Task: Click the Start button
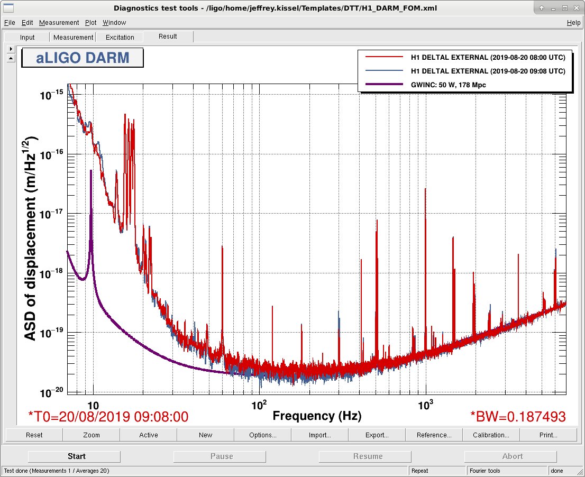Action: [x=74, y=456]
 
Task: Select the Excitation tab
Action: [x=120, y=38]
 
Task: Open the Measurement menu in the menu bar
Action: [x=59, y=23]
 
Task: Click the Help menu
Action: [x=573, y=23]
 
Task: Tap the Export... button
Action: [x=377, y=435]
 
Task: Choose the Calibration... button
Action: [x=491, y=435]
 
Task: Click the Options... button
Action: [x=263, y=435]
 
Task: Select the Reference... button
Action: [x=434, y=435]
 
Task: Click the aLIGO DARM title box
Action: [x=83, y=58]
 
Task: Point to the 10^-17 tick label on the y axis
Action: [x=52, y=213]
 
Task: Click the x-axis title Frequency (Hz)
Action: [x=317, y=416]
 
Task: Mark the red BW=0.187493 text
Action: [x=518, y=417]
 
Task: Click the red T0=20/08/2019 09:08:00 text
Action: [x=108, y=417]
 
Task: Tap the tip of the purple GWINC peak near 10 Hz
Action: [x=90, y=170]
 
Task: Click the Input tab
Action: [x=27, y=38]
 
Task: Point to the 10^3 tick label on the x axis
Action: [x=425, y=405]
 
